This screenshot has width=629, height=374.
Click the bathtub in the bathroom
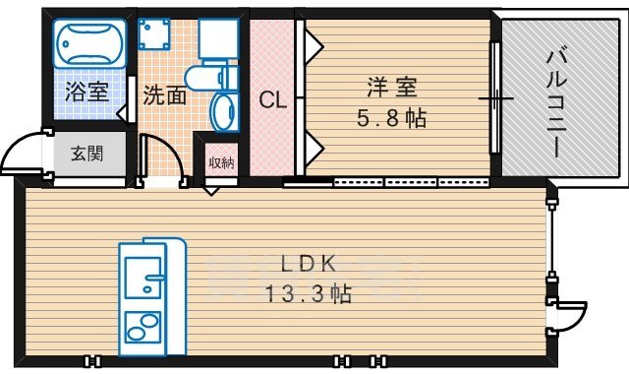(89, 45)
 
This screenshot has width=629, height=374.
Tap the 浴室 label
(86, 94)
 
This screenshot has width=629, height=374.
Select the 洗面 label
(164, 95)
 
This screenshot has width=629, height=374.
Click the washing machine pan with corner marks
(155, 35)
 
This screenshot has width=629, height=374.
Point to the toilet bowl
(225, 107)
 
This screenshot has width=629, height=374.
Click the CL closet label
(272, 99)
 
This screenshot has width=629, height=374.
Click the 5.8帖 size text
(390, 119)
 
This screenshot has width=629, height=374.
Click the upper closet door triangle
(313, 45)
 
